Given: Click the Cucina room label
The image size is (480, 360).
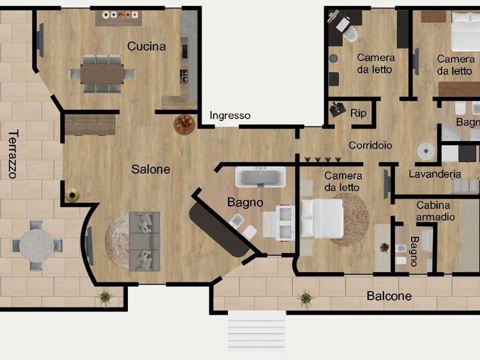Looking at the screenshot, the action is point(146,47).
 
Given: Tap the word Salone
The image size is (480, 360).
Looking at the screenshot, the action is point(151,169).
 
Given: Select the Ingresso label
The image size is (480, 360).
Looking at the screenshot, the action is point(230,115).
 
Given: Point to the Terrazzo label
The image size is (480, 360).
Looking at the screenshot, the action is point(13,154).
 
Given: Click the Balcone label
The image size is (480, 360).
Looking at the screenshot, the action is point(389,296).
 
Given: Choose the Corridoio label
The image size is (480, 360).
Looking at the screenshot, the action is point(370,145).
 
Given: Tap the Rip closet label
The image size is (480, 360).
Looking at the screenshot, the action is point(358,113).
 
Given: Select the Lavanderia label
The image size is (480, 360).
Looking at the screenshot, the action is point(434,174).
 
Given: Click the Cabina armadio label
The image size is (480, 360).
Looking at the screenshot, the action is point(435,211).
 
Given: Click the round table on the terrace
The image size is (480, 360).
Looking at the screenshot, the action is point(37,245).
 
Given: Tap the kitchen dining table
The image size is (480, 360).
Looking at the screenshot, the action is point(102,74).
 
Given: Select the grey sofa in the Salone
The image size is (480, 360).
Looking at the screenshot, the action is point(145,241).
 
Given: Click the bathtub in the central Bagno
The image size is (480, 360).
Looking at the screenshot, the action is point(260,177).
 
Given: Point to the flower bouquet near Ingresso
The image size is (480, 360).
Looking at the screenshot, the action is point(184,124).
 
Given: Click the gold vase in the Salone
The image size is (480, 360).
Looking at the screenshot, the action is point(72,195).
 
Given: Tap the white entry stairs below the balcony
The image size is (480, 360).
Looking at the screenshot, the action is point(257,332).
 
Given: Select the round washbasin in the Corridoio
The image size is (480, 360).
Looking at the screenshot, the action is point(426,151).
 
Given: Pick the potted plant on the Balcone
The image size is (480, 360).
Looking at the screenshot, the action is point(305,298).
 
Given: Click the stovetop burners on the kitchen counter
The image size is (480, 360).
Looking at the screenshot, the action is point(184,76).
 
